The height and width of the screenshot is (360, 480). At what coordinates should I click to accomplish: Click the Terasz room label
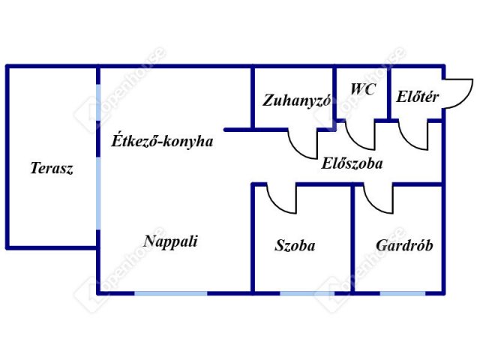[52, 168]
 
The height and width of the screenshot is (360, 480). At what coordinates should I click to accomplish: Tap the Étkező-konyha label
[162, 141]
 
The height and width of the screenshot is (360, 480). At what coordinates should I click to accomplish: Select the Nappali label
[170, 241]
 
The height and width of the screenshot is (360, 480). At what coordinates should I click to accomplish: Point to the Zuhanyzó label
[296, 100]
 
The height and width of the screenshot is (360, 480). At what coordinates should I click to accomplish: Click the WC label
[363, 89]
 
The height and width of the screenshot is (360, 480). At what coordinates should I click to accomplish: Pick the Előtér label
[417, 97]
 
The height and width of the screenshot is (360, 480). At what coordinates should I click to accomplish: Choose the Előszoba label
[352, 163]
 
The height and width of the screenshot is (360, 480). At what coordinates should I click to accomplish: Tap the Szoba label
[295, 245]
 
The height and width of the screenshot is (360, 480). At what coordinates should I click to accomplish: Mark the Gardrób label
[404, 245]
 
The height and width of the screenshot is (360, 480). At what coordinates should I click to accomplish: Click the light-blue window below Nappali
[171, 293]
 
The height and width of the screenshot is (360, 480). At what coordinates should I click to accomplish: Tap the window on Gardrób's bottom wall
[403, 293]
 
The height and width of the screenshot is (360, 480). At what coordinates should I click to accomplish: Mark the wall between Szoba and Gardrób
[352, 238]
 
